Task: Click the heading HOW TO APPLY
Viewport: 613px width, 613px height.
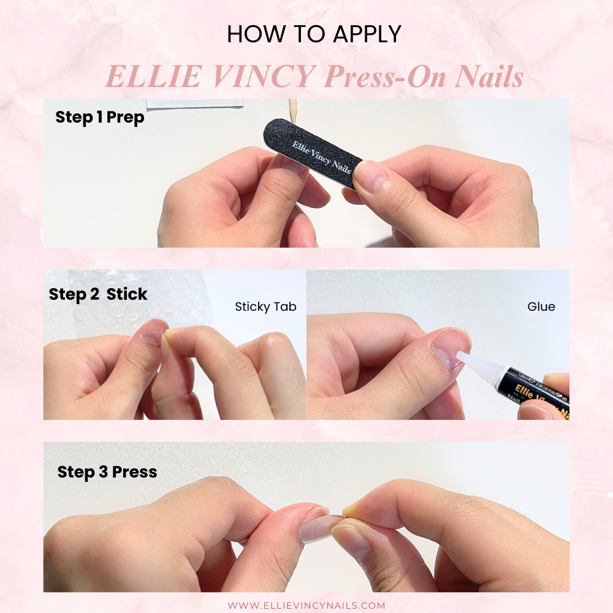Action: [313, 34]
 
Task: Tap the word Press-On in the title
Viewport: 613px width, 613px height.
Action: [383, 78]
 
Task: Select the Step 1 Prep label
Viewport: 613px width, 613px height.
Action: [99, 117]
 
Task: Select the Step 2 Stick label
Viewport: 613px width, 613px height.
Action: [98, 294]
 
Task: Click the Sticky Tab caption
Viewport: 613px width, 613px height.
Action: [265, 306]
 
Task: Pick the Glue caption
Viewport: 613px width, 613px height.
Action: [541, 306]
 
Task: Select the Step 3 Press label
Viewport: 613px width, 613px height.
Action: [107, 472]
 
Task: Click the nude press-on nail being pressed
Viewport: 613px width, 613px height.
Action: [319, 525]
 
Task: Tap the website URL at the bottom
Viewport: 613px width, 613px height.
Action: [306, 605]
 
